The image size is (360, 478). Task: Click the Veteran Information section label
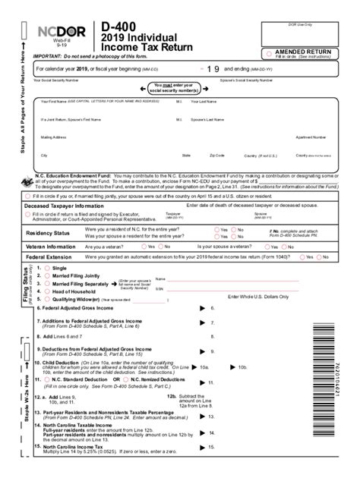pyautogui.click(x=51, y=247)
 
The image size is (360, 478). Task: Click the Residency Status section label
pyautogui.click(x=48, y=233)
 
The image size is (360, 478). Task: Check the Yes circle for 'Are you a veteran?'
pyautogui.click(x=142, y=247)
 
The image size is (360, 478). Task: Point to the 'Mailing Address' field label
pyautogui.click(x=55, y=137)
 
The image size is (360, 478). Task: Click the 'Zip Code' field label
pyautogui.click(x=217, y=156)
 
